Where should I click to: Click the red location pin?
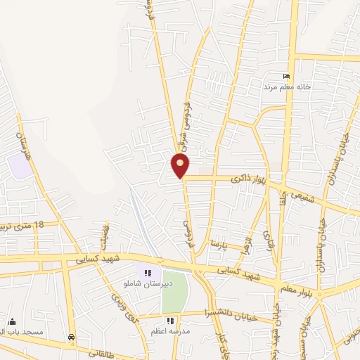[x=181, y=166]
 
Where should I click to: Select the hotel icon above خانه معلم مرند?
[x=285, y=76]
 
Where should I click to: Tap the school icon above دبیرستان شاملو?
[x=148, y=273]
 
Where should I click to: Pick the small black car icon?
[x=71, y=337]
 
